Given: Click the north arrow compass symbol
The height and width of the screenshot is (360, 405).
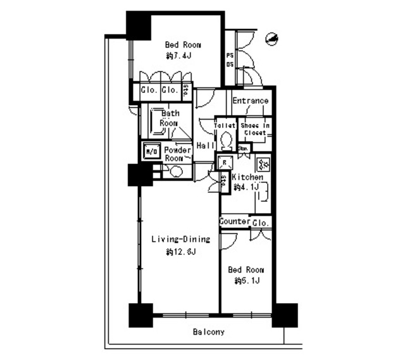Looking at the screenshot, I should coord(272,39).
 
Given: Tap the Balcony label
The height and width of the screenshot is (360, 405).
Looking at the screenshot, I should coord(209,332).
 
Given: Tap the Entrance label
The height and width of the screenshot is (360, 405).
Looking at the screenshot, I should coord(250,101).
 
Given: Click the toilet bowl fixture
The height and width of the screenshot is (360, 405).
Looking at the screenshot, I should coord(226,138).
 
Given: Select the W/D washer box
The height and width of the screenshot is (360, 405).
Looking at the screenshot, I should coord(151,152).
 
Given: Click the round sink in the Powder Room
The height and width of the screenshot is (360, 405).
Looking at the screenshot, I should coord(175,171).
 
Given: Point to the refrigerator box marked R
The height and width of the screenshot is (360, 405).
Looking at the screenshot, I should coord(223,163).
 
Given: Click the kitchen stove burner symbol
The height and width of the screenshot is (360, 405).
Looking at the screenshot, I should coord(264,166).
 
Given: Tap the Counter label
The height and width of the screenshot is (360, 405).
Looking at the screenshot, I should coord(234,222).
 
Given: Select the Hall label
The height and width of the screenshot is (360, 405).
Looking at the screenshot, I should coord(204,146).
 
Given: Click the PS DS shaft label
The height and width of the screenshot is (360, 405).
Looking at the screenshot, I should coord(229,59).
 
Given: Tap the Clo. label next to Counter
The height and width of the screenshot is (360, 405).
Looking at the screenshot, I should coord(260,223).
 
